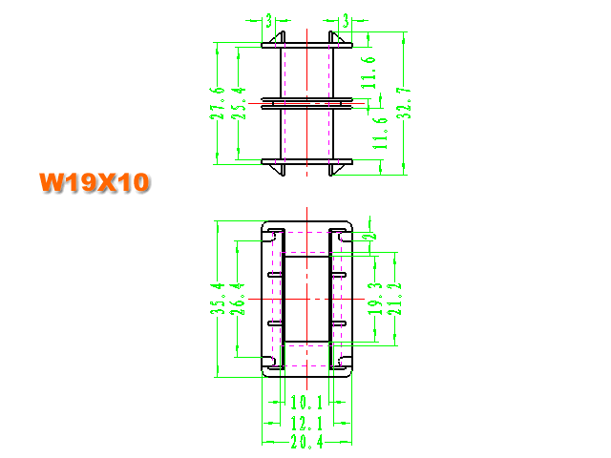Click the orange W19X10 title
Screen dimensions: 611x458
pyautogui.click(x=94, y=182)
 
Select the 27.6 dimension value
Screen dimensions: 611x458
pyautogui.click(x=217, y=103)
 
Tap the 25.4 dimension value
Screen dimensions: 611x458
pyautogui.click(x=239, y=103)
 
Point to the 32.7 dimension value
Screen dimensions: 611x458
pyautogui.click(x=404, y=103)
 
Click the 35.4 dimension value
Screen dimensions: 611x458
pyautogui.click(x=218, y=299)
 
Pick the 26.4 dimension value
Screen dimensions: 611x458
pyautogui.click(x=238, y=299)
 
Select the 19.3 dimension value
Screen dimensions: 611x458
pyautogui.click(x=375, y=299)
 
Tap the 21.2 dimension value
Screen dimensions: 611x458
pyautogui.click(x=394, y=299)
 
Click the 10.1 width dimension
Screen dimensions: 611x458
pyautogui.click(x=306, y=403)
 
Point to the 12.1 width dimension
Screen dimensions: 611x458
pyautogui.click(x=306, y=423)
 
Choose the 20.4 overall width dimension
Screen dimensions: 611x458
pyautogui.click(x=306, y=442)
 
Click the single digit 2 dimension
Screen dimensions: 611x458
pyautogui.click(x=372, y=236)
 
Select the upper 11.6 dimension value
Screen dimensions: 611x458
pyautogui.click(x=369, y=73)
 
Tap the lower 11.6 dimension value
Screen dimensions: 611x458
pyautogui.click(x=380, y=134)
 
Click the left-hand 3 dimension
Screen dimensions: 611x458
pyautogui.click(x=269, y=21)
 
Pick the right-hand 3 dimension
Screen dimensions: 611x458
pyautogui.click(x=346, y=21)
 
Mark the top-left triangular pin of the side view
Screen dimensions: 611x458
pyautogui.click(x=279, y=38)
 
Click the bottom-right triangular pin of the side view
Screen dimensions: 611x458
pyautogui.click(x=335, y=169)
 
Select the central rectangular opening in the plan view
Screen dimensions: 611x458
pyautogui.click(x=306, y=299)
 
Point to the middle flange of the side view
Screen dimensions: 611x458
pyautogui.click(x=306, y=103)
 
